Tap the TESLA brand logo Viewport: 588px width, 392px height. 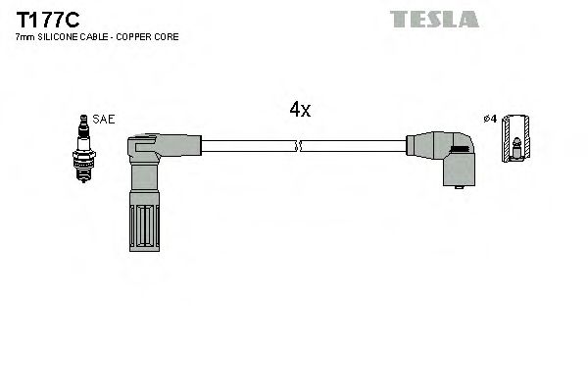pyautogui.click(x=434, y=19)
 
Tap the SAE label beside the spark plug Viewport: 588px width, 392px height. pyautogui.click(x=105, y=119)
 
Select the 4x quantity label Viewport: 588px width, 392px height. pyautogui.click(x=300, y=111)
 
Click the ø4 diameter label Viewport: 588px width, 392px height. pyautogui.click(x=491, y=120)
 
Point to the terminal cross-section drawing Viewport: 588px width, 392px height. pyautogui.click(x=514, y=139)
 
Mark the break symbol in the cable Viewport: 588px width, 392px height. pyautogui.click(x=299, y=147)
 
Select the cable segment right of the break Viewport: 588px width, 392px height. pyautogui.click(x=353, y=147)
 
